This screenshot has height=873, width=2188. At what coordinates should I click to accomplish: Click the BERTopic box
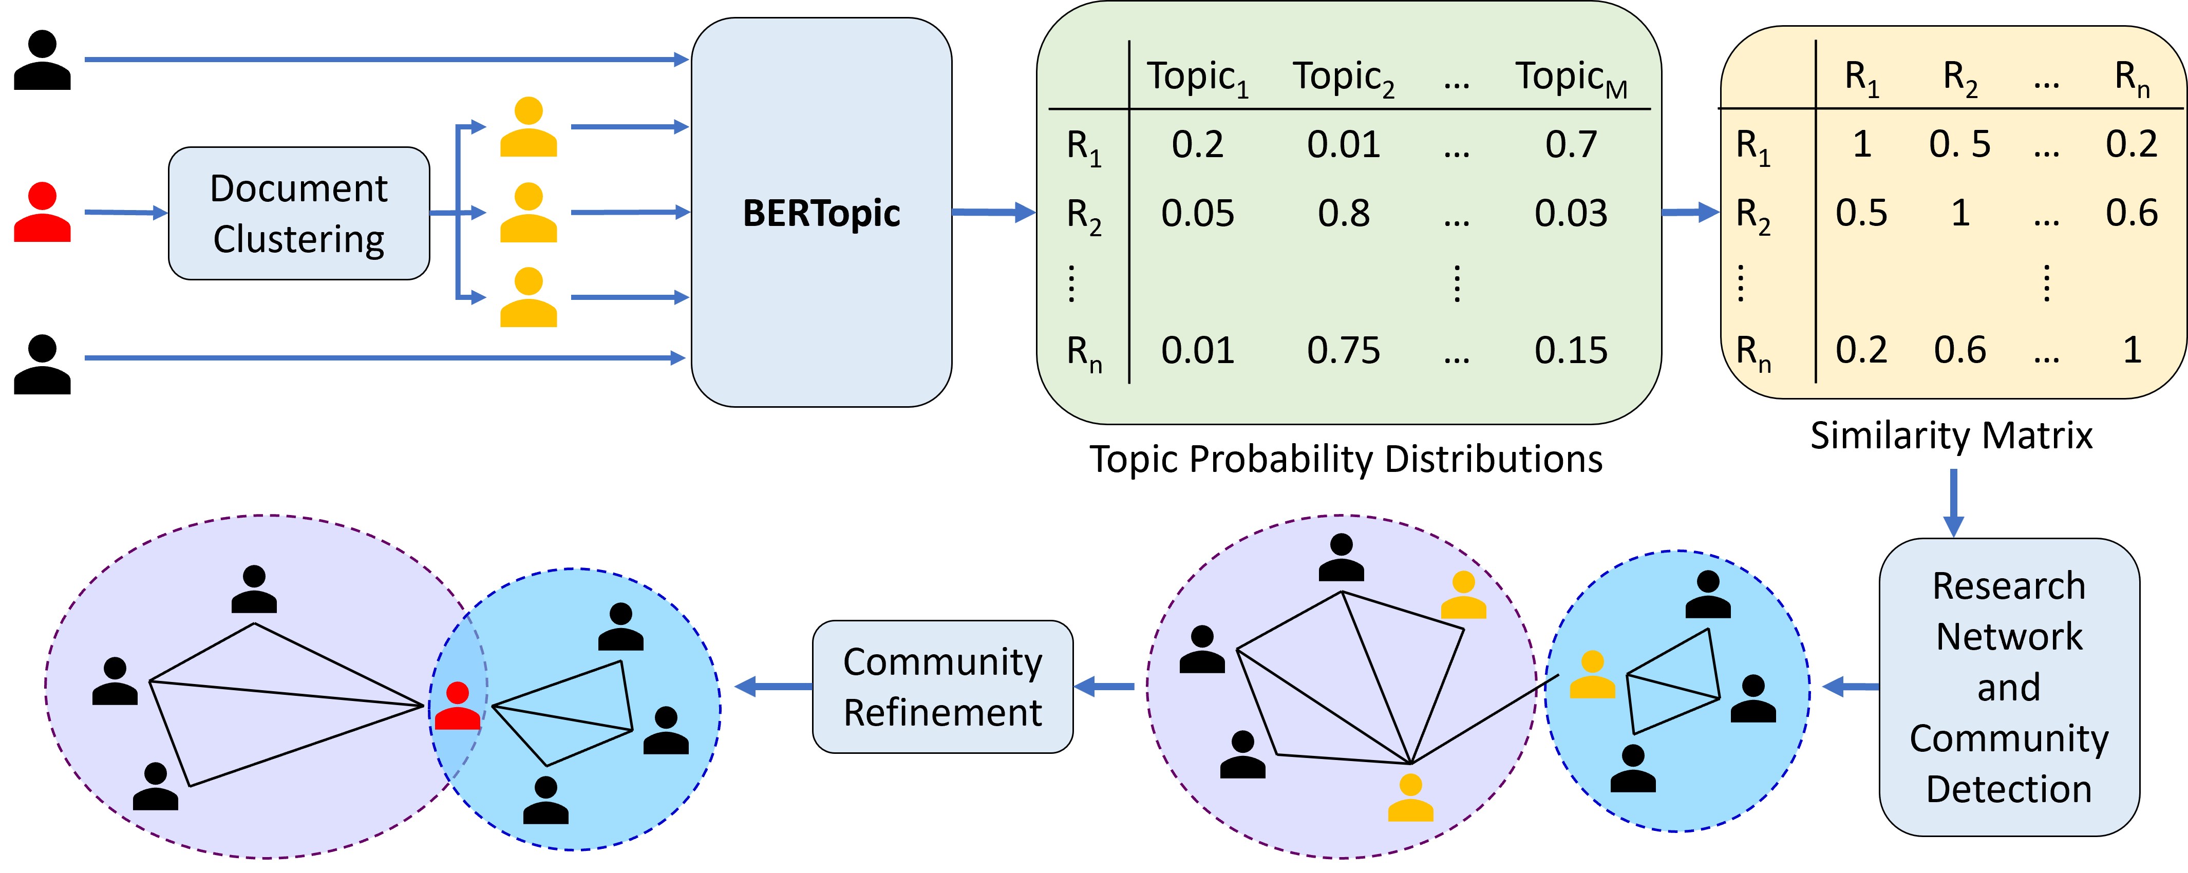tap(821, 212)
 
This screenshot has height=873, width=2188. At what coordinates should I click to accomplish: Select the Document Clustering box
tap(299, 213)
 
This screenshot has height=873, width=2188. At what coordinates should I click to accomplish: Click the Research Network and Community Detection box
tap(2009, 686)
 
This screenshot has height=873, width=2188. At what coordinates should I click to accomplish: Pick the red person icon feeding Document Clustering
tap(42, 213)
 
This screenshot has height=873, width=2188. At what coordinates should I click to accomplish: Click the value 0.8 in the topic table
tap(1344, 213)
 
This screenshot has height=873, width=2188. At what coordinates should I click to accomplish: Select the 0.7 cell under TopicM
tap(1571, 144)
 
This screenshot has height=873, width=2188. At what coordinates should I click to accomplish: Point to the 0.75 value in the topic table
tap(1344, 350)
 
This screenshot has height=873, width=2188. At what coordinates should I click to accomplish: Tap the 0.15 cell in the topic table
tap(1571, 350)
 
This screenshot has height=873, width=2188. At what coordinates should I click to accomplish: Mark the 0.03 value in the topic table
tap(1571, 213)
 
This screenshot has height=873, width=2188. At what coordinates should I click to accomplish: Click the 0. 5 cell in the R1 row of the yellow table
tap(1959, 144)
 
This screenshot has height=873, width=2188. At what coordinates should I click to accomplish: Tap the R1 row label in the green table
tap(1084, 146)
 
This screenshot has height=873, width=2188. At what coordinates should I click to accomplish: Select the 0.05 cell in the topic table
tap(1198, 213)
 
